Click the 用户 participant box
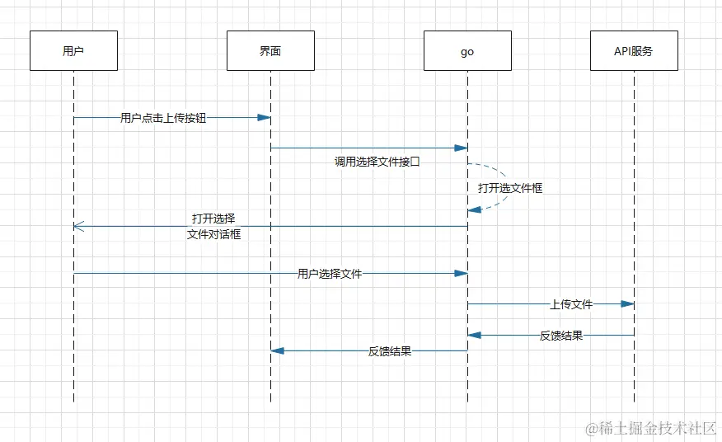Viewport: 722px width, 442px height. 73,51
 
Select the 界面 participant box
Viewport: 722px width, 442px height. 270,51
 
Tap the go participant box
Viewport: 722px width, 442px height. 467,51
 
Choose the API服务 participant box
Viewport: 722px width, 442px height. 634,51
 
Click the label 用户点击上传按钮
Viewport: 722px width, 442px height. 163,118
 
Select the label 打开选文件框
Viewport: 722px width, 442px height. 510,188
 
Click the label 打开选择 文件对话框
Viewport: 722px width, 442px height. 213,227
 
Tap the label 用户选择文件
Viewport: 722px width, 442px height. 330,274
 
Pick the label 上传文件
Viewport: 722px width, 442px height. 571,304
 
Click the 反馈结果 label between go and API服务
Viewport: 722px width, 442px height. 561,336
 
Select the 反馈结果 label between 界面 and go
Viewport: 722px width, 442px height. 390,351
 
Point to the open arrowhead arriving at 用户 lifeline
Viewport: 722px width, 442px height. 78,226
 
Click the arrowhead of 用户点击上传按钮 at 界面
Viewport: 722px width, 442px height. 264,118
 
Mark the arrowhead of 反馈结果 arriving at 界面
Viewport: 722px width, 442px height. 278,351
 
